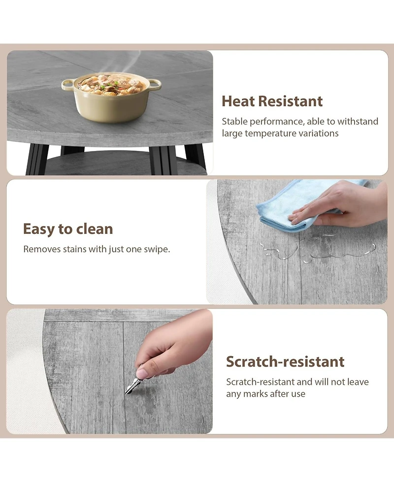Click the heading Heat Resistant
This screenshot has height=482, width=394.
point(272,101)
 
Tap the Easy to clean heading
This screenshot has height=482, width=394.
point(68,229)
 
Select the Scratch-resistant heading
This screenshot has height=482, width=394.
point(285,362)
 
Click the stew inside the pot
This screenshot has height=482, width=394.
point(111,84)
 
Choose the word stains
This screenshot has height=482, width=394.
point(74,249)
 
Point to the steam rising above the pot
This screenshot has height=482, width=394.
point(123,63)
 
